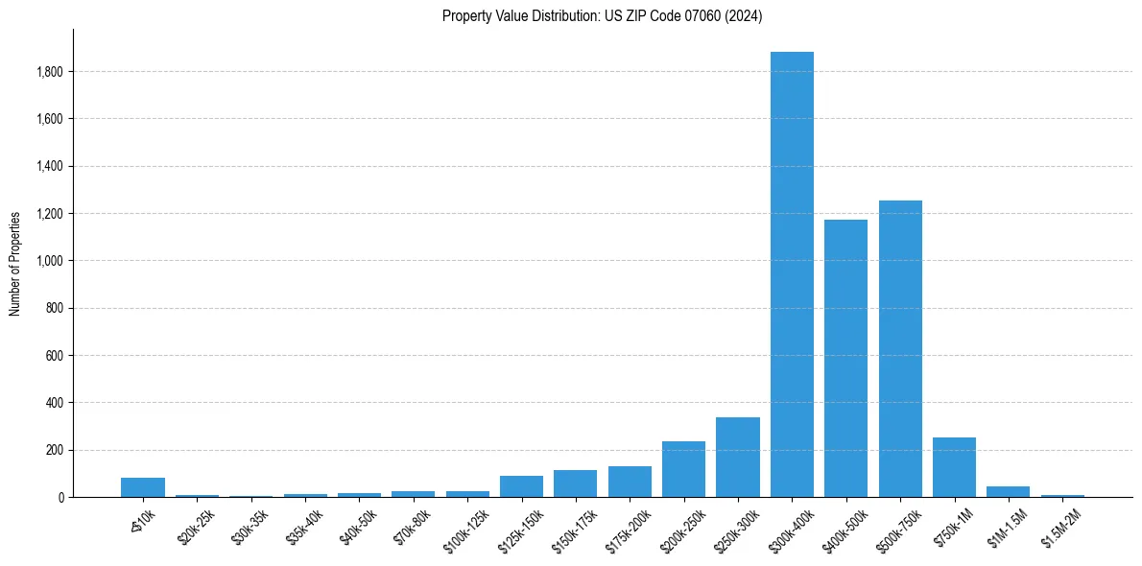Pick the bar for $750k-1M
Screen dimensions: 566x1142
(x=954, y=467)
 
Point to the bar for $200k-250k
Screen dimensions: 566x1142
(x=683, y=469)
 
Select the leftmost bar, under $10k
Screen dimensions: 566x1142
(x=143, y=487)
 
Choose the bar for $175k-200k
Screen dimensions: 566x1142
(x=630, y=482)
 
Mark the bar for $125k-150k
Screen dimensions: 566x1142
(x=521, y=486)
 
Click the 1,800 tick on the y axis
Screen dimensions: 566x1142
(x=50, y=72)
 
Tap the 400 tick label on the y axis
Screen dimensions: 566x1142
(x=55, y=403)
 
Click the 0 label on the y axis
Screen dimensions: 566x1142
(x=60, y=497)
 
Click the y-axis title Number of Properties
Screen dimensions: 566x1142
(x=15, y=264)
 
